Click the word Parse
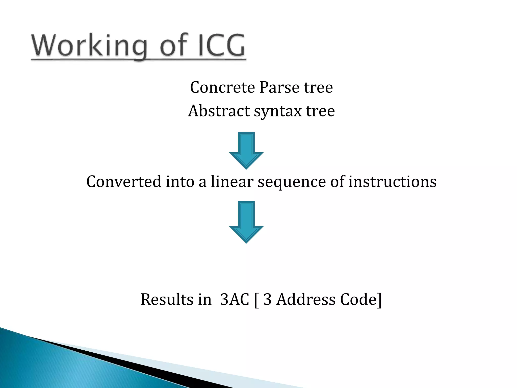279,87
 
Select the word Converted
124,182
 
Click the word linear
232,182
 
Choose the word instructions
392,182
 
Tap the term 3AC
235,300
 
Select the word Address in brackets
306,300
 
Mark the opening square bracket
256,300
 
